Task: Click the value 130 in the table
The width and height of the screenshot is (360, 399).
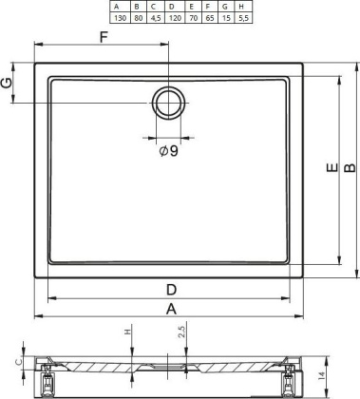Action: (120, 17)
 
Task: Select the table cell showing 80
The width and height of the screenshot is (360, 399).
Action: (137, 17)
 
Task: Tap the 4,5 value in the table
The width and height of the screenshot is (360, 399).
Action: (154, 17)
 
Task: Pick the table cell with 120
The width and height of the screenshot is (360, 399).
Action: (171, 17)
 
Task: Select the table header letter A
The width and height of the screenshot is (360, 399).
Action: (120, 6)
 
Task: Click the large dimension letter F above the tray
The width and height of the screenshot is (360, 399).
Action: (103, 37)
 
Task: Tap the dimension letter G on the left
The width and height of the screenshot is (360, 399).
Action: (9, 83)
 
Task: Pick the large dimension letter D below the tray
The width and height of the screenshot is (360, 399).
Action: (171, 289)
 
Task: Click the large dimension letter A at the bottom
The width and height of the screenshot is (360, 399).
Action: (171, 309)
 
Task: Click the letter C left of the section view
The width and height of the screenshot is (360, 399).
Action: (19, 361)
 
